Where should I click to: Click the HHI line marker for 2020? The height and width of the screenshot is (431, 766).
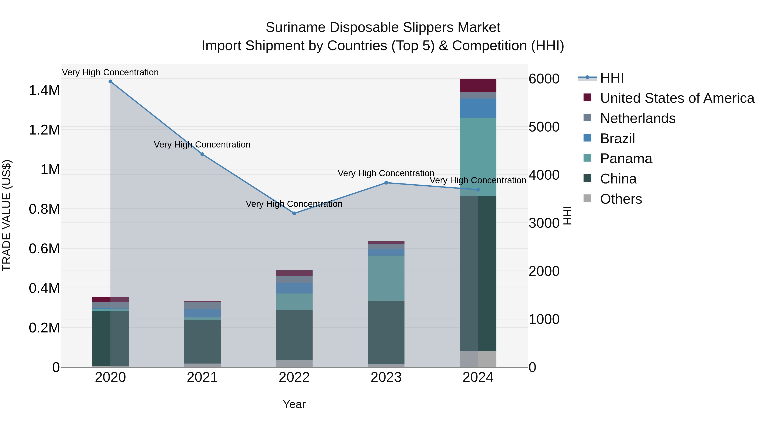tap(110, 82)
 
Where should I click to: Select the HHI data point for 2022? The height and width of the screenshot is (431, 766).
tap(294, 213)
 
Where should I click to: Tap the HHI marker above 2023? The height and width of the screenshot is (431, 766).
tap(386, 183)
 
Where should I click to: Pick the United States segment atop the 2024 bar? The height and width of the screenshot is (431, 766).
tap(478, 86)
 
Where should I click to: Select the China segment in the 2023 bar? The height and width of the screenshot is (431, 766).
tap(386, 332)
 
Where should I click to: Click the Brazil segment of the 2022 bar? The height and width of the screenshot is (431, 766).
tap(294, 288)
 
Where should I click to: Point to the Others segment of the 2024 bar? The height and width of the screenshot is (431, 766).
tap(478, 359)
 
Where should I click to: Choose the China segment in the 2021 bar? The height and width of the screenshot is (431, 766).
tap(202, 342)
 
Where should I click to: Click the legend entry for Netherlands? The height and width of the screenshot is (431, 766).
tap(637, 118)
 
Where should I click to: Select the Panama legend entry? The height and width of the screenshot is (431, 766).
tap(626, 159)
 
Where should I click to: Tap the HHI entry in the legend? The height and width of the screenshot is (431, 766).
tap(612, 78)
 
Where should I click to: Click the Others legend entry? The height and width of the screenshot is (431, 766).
tap(621, 199)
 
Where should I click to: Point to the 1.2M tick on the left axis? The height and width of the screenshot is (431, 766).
tap(44, 130)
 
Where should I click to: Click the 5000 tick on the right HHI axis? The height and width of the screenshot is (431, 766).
tap(544, 127)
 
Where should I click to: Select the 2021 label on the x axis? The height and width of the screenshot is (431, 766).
tap(202, 377)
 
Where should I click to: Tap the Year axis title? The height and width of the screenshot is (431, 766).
tap(294, 404)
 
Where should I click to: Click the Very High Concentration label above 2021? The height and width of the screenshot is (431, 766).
tap(202, 145)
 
